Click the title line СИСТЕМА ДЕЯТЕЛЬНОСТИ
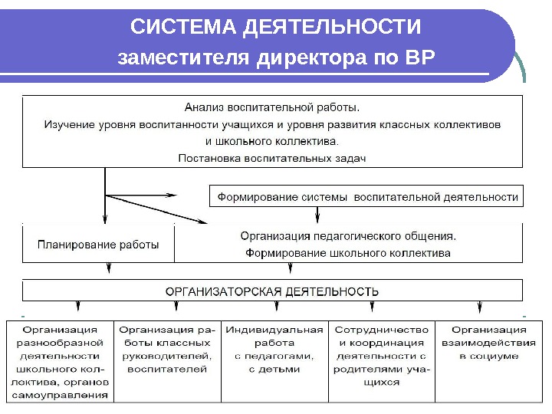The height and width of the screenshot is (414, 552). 276,28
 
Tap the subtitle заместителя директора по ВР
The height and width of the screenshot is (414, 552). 276,58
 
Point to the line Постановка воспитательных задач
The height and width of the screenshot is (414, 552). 272,158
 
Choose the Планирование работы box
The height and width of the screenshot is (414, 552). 99,245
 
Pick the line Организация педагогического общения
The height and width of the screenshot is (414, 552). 348,236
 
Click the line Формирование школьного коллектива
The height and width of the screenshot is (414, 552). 348,252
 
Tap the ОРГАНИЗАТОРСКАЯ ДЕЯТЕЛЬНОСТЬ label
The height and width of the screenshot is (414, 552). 272,291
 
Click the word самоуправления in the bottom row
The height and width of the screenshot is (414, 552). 60,395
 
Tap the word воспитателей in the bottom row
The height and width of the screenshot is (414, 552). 167,369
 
